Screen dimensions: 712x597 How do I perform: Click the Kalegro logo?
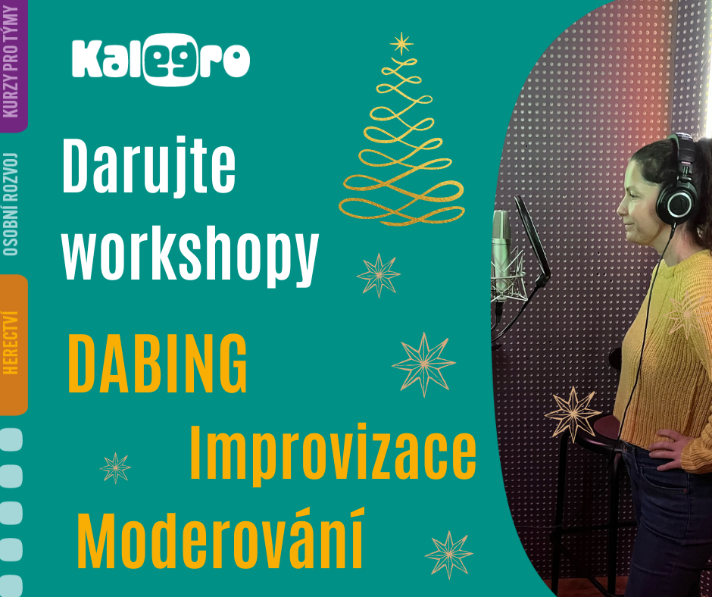161,60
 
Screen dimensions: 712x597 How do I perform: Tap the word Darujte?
149,165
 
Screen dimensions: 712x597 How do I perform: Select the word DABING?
157,364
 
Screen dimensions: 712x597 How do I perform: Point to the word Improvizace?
333,452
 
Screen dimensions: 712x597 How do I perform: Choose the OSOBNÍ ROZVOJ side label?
11,204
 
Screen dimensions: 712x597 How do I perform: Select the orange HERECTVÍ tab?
13,344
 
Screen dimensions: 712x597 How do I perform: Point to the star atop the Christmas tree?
401,44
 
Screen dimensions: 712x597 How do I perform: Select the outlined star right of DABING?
423,364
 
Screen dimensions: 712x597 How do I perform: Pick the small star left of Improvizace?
115,468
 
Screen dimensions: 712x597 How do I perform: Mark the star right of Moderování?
448,555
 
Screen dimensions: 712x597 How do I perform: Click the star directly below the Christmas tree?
378,275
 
